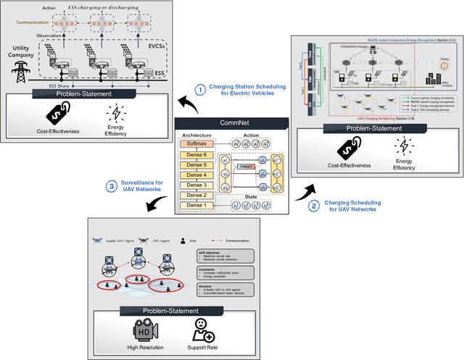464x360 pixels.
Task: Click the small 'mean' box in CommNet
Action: [245, 167]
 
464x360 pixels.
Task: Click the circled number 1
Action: [201, 90]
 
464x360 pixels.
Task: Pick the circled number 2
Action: [313, 205]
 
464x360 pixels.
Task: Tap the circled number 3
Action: [112, 187]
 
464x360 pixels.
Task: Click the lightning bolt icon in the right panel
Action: [403, 148]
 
